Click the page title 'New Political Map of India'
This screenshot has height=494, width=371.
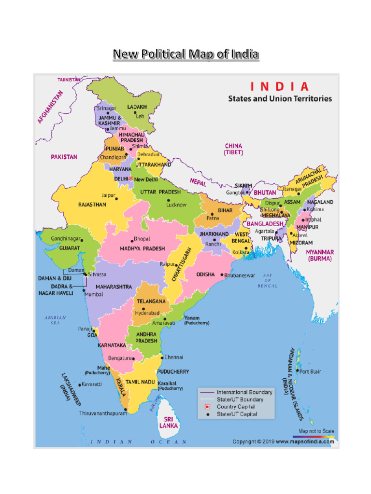pyautogui.click(x=185, y=54)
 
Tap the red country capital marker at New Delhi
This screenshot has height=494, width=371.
pyautogui.click(x=130, y=178)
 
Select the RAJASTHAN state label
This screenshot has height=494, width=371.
pyautogui.click(x=92, y=205)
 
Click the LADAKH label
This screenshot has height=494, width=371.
pyautogui.click(x=137, y=107)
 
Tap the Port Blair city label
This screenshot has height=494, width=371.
pyautogui.click(x=310, y=371)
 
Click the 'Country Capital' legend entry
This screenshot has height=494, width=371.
pyautogui.click(x=236, y=407)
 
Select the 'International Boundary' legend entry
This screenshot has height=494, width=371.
pyautogui.click(x=244, y=392)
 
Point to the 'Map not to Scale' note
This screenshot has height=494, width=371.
pyautogui.click(x=316, y=431)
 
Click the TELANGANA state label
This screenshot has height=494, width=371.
pyautogui.click(x=151, y=302)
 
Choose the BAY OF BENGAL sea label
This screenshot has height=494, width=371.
pyautogui.click(x=268, y=281)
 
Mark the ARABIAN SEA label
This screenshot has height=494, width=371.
pyautogui.click(x=55, y=320)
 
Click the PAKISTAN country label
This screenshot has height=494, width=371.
pyautogui.click(x=64, y=157)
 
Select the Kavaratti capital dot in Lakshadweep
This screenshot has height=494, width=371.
pyautogui.click(x=79, y=385)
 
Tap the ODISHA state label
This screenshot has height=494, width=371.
pyautogui.click(x=206, y=274)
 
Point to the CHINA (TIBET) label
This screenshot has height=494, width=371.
pyautogui.click(x=233, y=149)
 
